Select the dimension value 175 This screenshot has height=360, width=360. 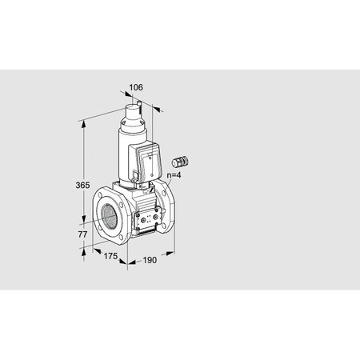[111, 255]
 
